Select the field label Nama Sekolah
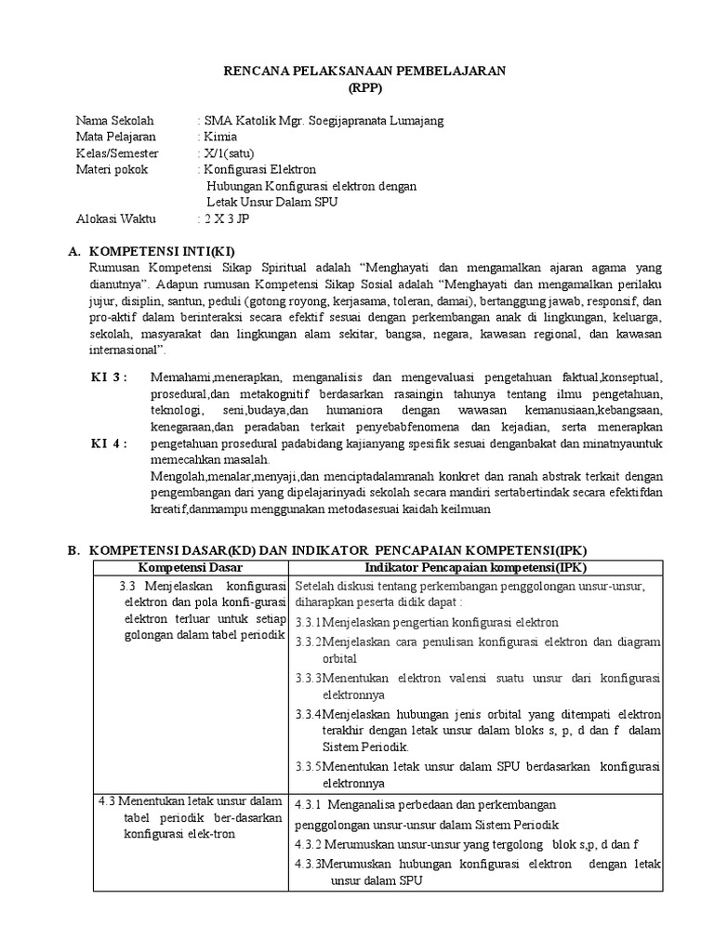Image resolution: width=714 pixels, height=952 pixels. click(x=114, y=121)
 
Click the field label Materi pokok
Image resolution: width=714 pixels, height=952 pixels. click(x=112, y=170)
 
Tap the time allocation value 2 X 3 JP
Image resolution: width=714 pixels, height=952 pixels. click(x=226, y=219)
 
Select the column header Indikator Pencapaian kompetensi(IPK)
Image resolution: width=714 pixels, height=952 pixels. click(x=476, y=567)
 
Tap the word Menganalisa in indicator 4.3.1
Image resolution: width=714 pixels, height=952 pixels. click(x=375, y=804)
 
